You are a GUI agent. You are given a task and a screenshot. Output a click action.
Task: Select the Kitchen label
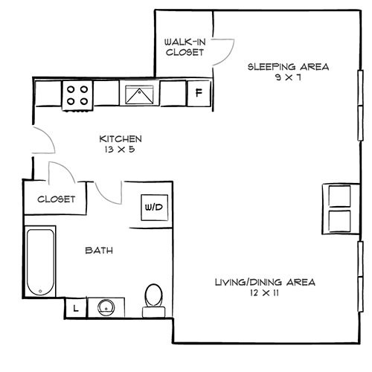pos(120,139)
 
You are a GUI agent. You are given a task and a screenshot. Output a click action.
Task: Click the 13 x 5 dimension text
pos(120,150)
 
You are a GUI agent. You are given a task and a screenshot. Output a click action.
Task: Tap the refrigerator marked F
pos(198,93)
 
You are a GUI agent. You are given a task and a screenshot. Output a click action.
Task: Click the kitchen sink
pos(138,94)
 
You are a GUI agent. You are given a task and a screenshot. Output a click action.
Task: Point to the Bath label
pos(99,251)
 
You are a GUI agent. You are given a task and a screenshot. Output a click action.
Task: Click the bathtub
pos(40,263)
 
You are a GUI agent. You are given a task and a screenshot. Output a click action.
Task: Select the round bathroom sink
pos(104,307)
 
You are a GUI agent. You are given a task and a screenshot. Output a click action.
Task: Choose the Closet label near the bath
pos(56,199)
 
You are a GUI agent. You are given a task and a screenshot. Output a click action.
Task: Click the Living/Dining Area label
pos(264,282)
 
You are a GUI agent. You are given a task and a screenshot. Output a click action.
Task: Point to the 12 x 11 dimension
pos(264,293)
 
